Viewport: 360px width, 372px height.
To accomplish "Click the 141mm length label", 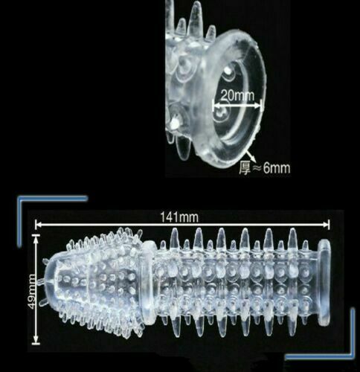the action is pyautogui.click(x=179, y=217).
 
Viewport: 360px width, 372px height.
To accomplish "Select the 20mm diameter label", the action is pyautogui.click(x=237, y=95).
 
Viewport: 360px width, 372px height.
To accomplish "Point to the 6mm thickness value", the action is pyautogui.click(x=277, y=168).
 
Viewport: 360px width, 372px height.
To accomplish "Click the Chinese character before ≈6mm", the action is pyautogui.click(x=245, y=168).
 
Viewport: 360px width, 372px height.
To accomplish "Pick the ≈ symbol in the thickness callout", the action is pyautogui.click(x=257, y=169).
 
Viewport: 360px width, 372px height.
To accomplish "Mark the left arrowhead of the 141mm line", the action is pyautogui.click(x=39, y=225).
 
